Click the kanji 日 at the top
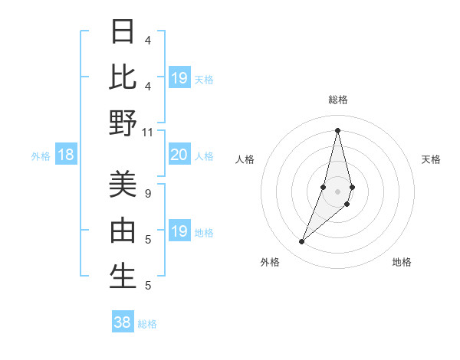click(x=123, y=32)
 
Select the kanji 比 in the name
click(x=123, y=78)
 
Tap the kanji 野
click(x=123, y=123)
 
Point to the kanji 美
click(x=123, y=185)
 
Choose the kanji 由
click(x=123, y=231)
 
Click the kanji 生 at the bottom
click(x=123, y=277)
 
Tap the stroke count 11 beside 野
click(x=148, y=132)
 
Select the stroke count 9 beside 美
click(x=148, y=193)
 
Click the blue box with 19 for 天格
click(x=179, y=78)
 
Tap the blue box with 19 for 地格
click(x=179, y=231)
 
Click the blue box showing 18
click(x=66, y=155)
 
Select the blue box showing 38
click(x=123, y=322)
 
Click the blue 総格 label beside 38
click(x=147, y=324)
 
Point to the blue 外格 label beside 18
click(x=41, y=156)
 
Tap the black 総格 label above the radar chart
click(x=337, y=100)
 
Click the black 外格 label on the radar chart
click(x=270, y=262)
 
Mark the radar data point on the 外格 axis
click(x=302, y=242)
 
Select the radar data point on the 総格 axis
click(x=337, y=130)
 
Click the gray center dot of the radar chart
click(x=337, y=191)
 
